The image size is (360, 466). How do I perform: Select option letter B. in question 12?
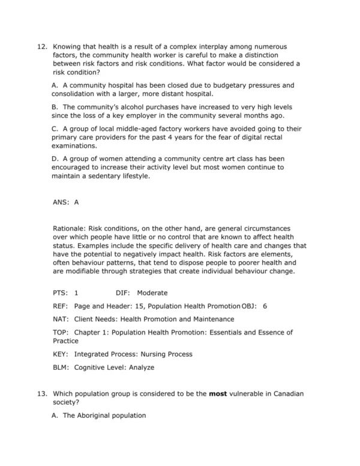(x=56, y=107)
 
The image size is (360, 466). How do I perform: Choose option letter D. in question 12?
(x=56, y=159)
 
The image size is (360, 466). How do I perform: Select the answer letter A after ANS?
(x=77, y=202)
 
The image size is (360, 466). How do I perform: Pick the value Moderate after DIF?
(x=152, y=293)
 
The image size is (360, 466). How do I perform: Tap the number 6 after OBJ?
(x=265, y=306)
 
